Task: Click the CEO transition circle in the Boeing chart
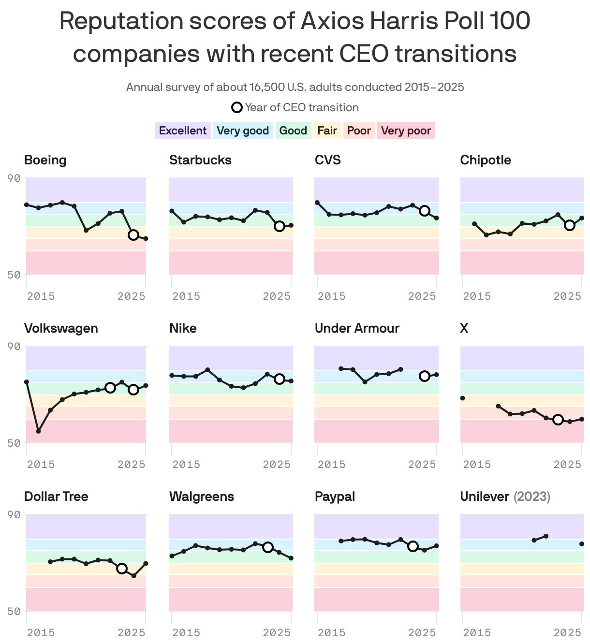[x=133, y=235]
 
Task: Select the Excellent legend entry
[x=182, y=131]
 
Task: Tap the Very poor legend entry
[x=406, y=131]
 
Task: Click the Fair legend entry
[x=327, y=131]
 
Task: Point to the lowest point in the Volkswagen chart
[x=39, y=431]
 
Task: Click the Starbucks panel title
[x=200, y=160]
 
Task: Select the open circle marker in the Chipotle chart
[x=570, y=225]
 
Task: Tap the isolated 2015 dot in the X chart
[x=462, y=398]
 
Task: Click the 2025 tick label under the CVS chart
[x=422, y=296]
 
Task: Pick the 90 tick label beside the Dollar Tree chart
[x=15, y=514]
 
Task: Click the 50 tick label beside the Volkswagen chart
[x=15, y=443]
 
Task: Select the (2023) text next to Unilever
[x=531, y=497]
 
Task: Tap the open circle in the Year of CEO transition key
[x=237, y=107]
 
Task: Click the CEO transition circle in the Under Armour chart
[x=425, y=376]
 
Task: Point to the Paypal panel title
[x=335, y=497]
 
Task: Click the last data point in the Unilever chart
[x=582, y=544]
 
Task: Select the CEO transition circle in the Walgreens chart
[x=267, y=547]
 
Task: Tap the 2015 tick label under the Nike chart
[x=186, y=464]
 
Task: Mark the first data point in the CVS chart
[x=317, y=203]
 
